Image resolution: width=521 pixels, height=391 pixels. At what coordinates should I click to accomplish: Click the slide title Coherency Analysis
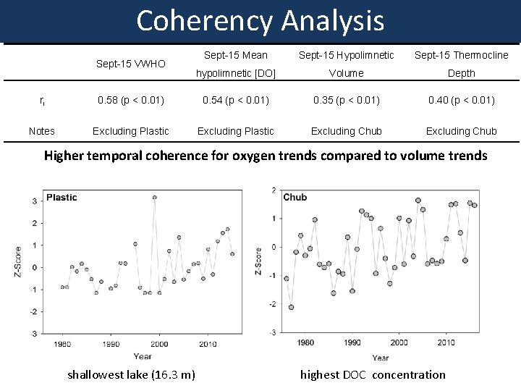(x=260, y=21)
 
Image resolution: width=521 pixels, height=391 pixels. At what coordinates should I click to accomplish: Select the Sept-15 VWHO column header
(x=131, y=64)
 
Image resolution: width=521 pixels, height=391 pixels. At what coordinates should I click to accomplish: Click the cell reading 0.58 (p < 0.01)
(x=131, y=100)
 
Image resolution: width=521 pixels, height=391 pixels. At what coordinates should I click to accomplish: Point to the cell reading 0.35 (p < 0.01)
(x=347, y=100)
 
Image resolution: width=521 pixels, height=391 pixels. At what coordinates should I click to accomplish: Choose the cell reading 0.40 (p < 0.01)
(x=461, y=100)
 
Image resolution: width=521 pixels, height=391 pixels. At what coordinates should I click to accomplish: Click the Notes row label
(x=41, y=131)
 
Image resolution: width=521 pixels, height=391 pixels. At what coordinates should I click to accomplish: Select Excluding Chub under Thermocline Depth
(x=461, y=131)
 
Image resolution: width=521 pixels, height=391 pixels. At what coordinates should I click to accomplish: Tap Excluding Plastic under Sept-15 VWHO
(x=131, y=131)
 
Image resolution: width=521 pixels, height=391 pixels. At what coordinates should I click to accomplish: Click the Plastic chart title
(x=62, y=198)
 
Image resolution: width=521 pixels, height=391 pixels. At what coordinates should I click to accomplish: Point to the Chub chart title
(x=295, y=198)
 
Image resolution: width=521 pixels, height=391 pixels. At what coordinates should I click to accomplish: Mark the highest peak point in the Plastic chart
(x=155, y=197)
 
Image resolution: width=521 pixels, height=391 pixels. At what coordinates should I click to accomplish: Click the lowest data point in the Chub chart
(x=291, y=307)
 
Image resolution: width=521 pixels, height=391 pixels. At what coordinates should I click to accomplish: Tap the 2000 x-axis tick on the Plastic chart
(x=159, y=344)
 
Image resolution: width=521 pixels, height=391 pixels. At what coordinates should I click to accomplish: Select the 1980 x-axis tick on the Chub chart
(x=305, y=342)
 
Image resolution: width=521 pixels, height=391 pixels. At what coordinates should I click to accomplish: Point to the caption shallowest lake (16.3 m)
(x=131, y=374)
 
